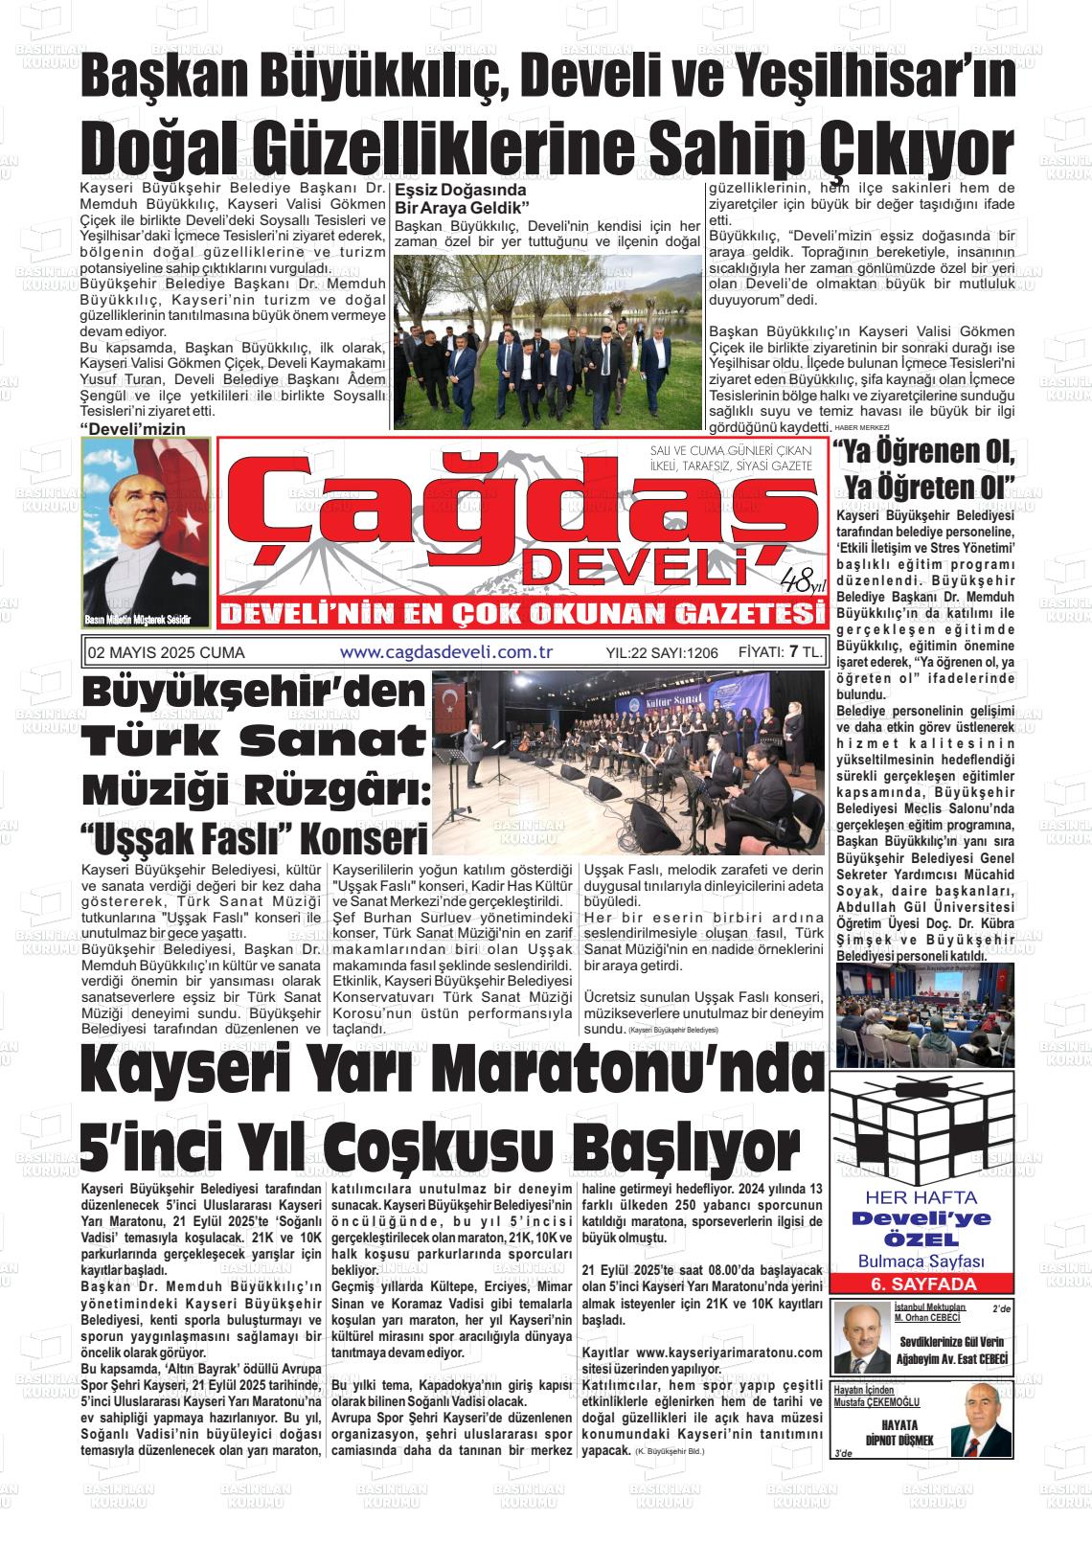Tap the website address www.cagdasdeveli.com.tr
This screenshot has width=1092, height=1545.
447,652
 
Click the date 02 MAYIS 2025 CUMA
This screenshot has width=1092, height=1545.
166,653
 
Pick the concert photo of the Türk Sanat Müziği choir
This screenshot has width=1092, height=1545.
627,761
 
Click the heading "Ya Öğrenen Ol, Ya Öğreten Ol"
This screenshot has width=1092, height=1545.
923,469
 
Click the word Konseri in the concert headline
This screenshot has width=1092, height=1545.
364,840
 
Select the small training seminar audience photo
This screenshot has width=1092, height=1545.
924,1008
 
